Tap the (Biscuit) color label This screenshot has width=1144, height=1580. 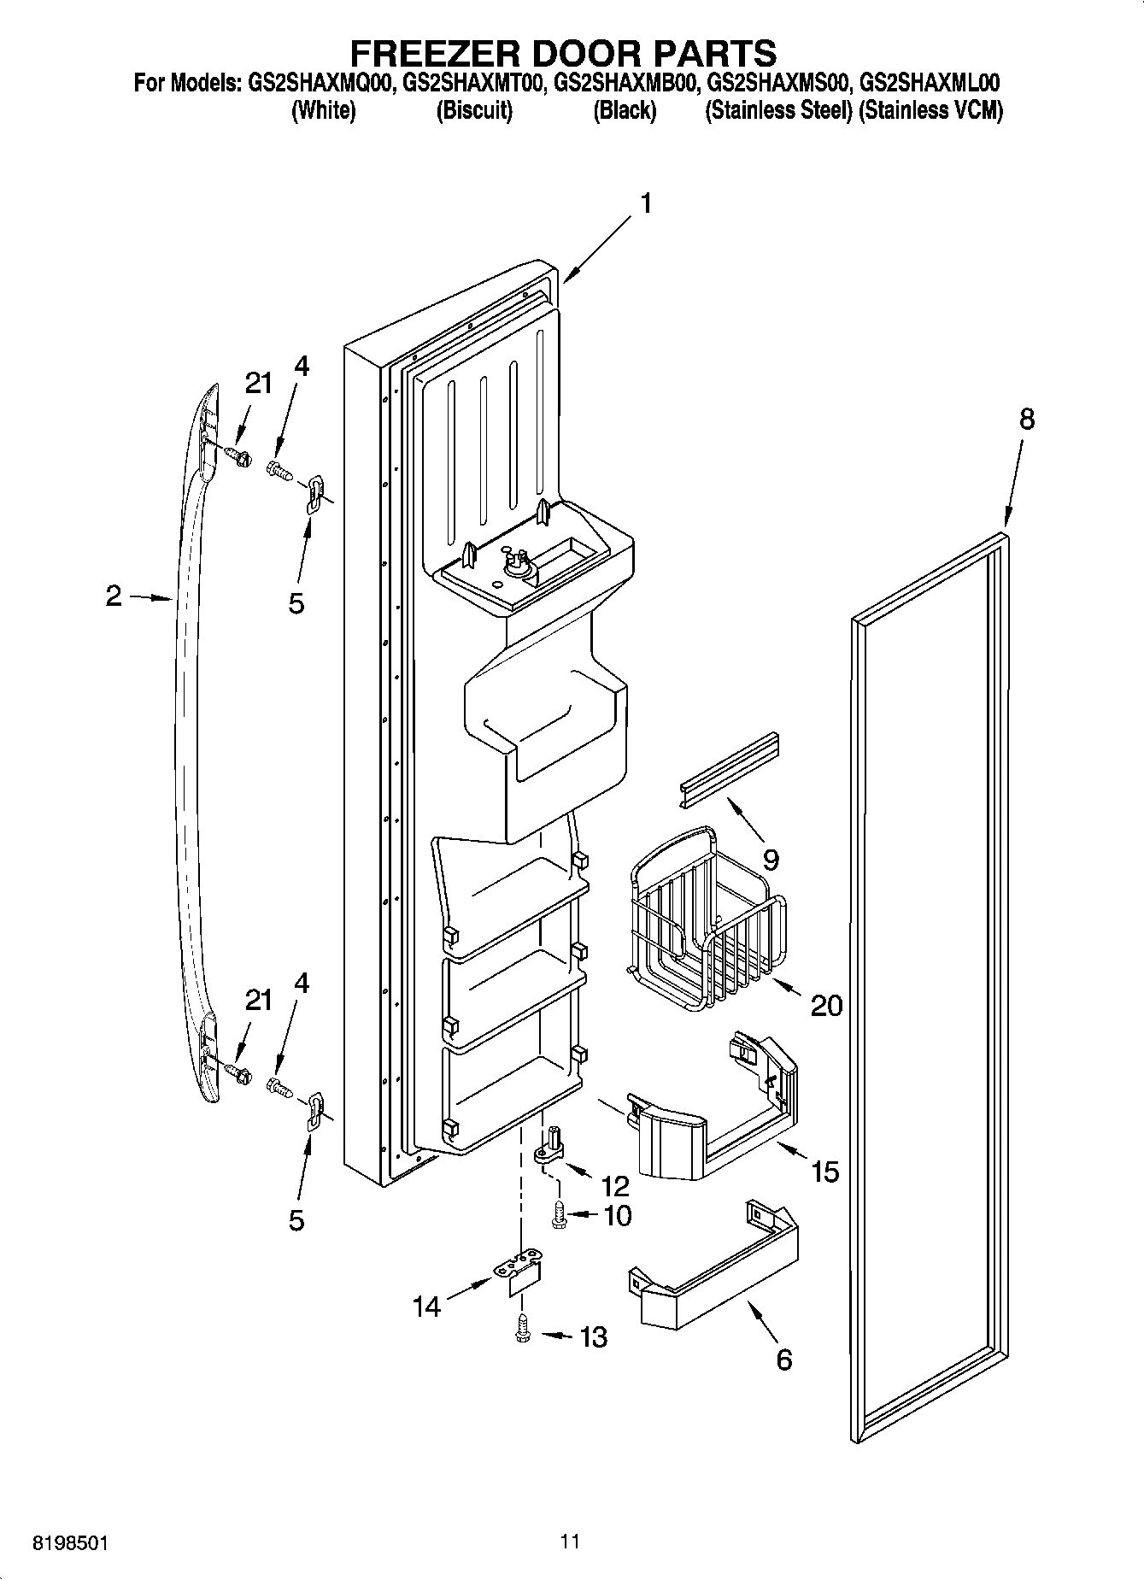point(474,111)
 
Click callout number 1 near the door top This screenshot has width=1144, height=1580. point(646,203)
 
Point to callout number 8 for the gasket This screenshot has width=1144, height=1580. point(1026,420)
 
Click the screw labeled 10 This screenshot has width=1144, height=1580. point(560,1215)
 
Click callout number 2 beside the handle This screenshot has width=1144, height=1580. point(114,596)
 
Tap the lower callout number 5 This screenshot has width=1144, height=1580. point(296,1220)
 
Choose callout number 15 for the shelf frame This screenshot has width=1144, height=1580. point(824,1172)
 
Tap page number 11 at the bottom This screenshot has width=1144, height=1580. point(571,1542)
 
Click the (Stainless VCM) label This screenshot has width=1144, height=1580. point(930,111)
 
